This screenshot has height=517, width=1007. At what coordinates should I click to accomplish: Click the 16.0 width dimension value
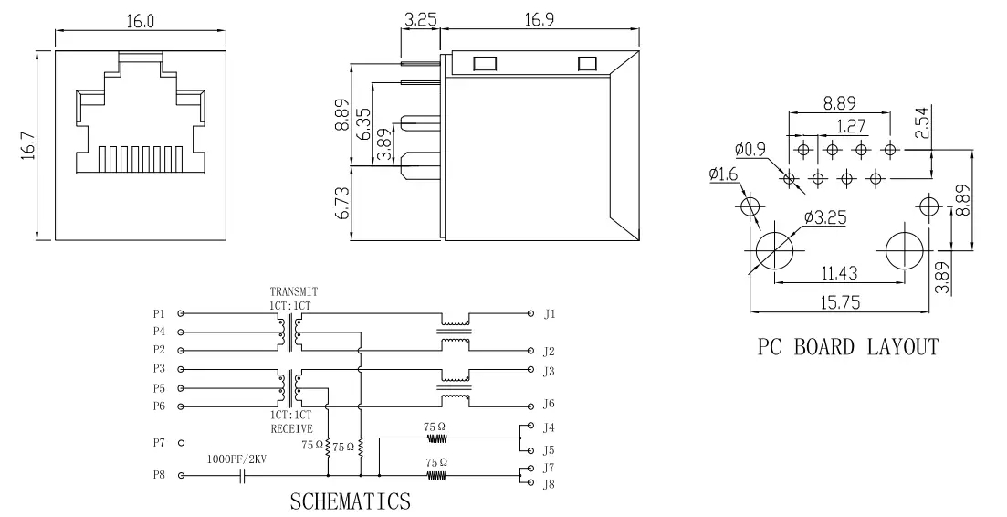pyautogui.click(x=140, y=21)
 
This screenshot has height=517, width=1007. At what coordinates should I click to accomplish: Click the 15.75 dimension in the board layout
pyautogui.click(x=840, y=304)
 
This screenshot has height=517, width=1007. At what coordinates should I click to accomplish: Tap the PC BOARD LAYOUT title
pyautogui.click(x=847, y=347)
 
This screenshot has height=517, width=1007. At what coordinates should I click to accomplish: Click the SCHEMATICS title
pyautogui.click(x=350, y=501)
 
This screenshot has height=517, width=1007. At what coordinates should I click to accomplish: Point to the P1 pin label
pyautogui.click(x=160, y=313)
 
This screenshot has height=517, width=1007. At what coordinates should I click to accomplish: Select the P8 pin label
pyautogui.click(x=160, y=476)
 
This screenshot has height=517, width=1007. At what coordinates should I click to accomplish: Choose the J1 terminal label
pyautogui.click(x=549, y=313)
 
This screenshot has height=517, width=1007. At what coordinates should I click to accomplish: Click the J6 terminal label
pyautogui.click(x=549, y=404)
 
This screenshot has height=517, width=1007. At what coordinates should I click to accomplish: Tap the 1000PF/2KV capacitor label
pyautogui.click(x=237, y=459)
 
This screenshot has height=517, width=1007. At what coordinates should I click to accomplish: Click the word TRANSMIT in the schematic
pyautogui.click(x=292, y=292)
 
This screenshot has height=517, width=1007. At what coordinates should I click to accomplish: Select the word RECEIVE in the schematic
pyautogui.click(x=291, y=428)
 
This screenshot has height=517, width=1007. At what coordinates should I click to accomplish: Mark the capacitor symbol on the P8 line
pyautogui.click(x=243, y=476)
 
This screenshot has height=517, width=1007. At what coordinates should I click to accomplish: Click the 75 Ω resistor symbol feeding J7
pyautogui.click(x=436, y=475)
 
